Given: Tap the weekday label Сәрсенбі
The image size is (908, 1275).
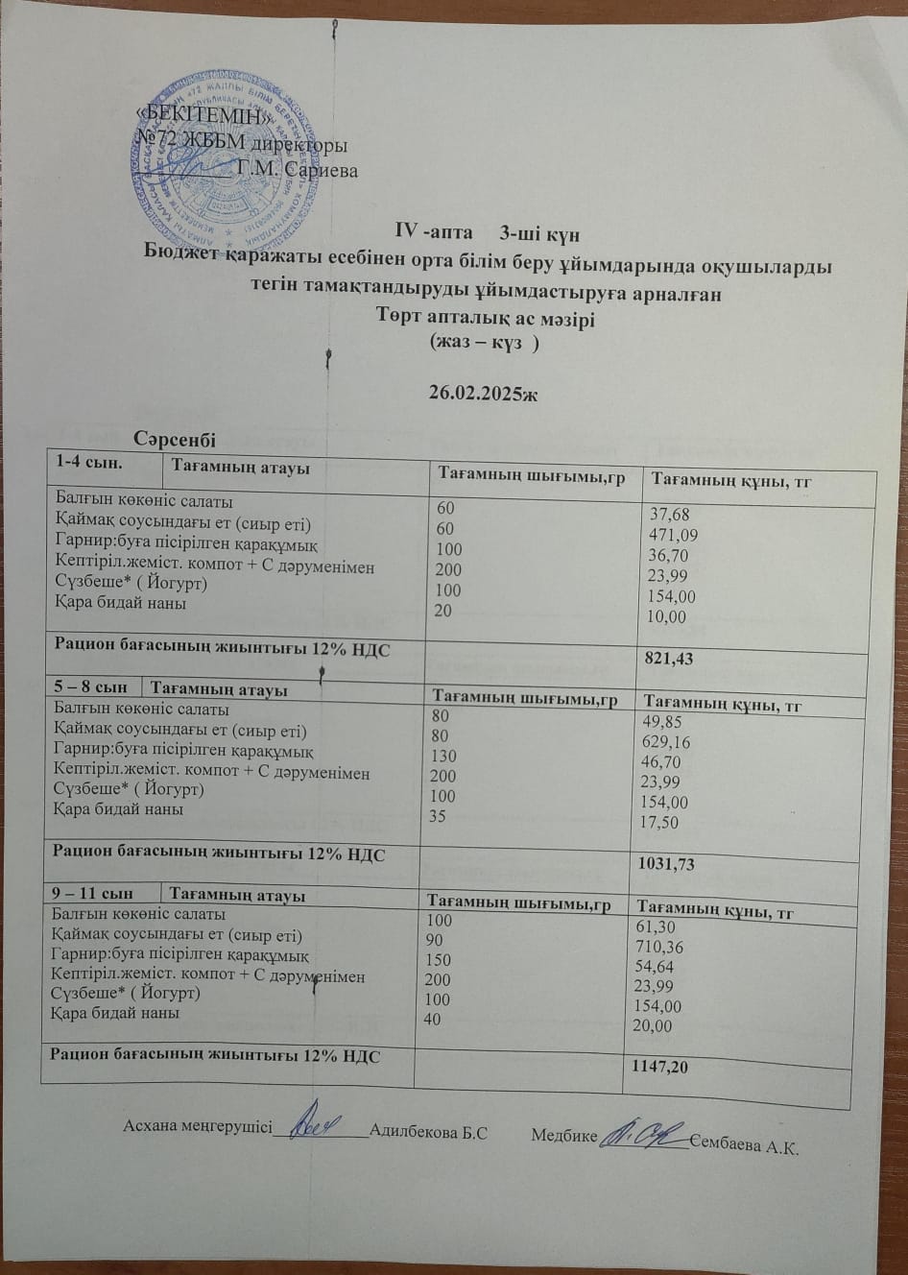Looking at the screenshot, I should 176,439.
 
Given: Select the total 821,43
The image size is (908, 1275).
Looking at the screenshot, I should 672,659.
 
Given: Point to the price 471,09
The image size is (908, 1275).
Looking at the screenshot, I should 673,536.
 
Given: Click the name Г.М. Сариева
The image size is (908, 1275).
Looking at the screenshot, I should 297,172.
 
